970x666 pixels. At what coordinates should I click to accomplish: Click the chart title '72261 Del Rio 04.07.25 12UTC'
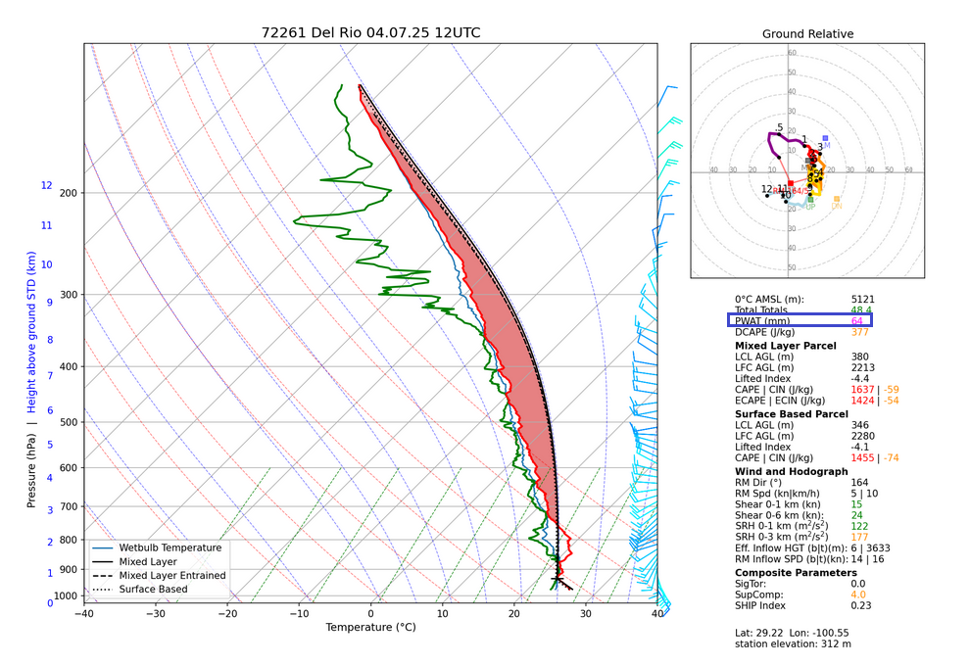(x=370, y=32)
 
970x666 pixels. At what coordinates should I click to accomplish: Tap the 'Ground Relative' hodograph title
(x=807, y=34)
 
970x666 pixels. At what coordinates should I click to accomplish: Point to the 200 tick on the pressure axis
(x=68, y=193)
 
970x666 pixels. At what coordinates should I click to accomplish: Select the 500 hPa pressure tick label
(x=68, y=422)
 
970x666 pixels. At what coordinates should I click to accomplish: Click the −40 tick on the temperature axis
(x=83, y=614)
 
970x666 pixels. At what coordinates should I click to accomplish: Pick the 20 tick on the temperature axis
(x=514, y=614)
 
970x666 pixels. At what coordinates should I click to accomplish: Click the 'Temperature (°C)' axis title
(x=370, y=628)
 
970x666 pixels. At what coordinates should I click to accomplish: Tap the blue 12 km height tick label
(x=46, y=185)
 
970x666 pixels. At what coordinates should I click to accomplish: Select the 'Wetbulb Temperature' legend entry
(x=170, y=548)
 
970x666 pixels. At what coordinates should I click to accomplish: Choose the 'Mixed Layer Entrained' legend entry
(x=172, y=576)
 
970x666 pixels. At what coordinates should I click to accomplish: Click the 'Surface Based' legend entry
(x=154, y=590)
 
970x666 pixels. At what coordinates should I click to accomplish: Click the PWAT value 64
(x=857, y=321)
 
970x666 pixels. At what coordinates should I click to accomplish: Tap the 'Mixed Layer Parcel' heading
(x=785, y=346)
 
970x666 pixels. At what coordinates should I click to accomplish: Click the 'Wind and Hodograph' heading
(x=792, y=471)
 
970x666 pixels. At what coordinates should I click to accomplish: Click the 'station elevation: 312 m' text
(x=792, y=643)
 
